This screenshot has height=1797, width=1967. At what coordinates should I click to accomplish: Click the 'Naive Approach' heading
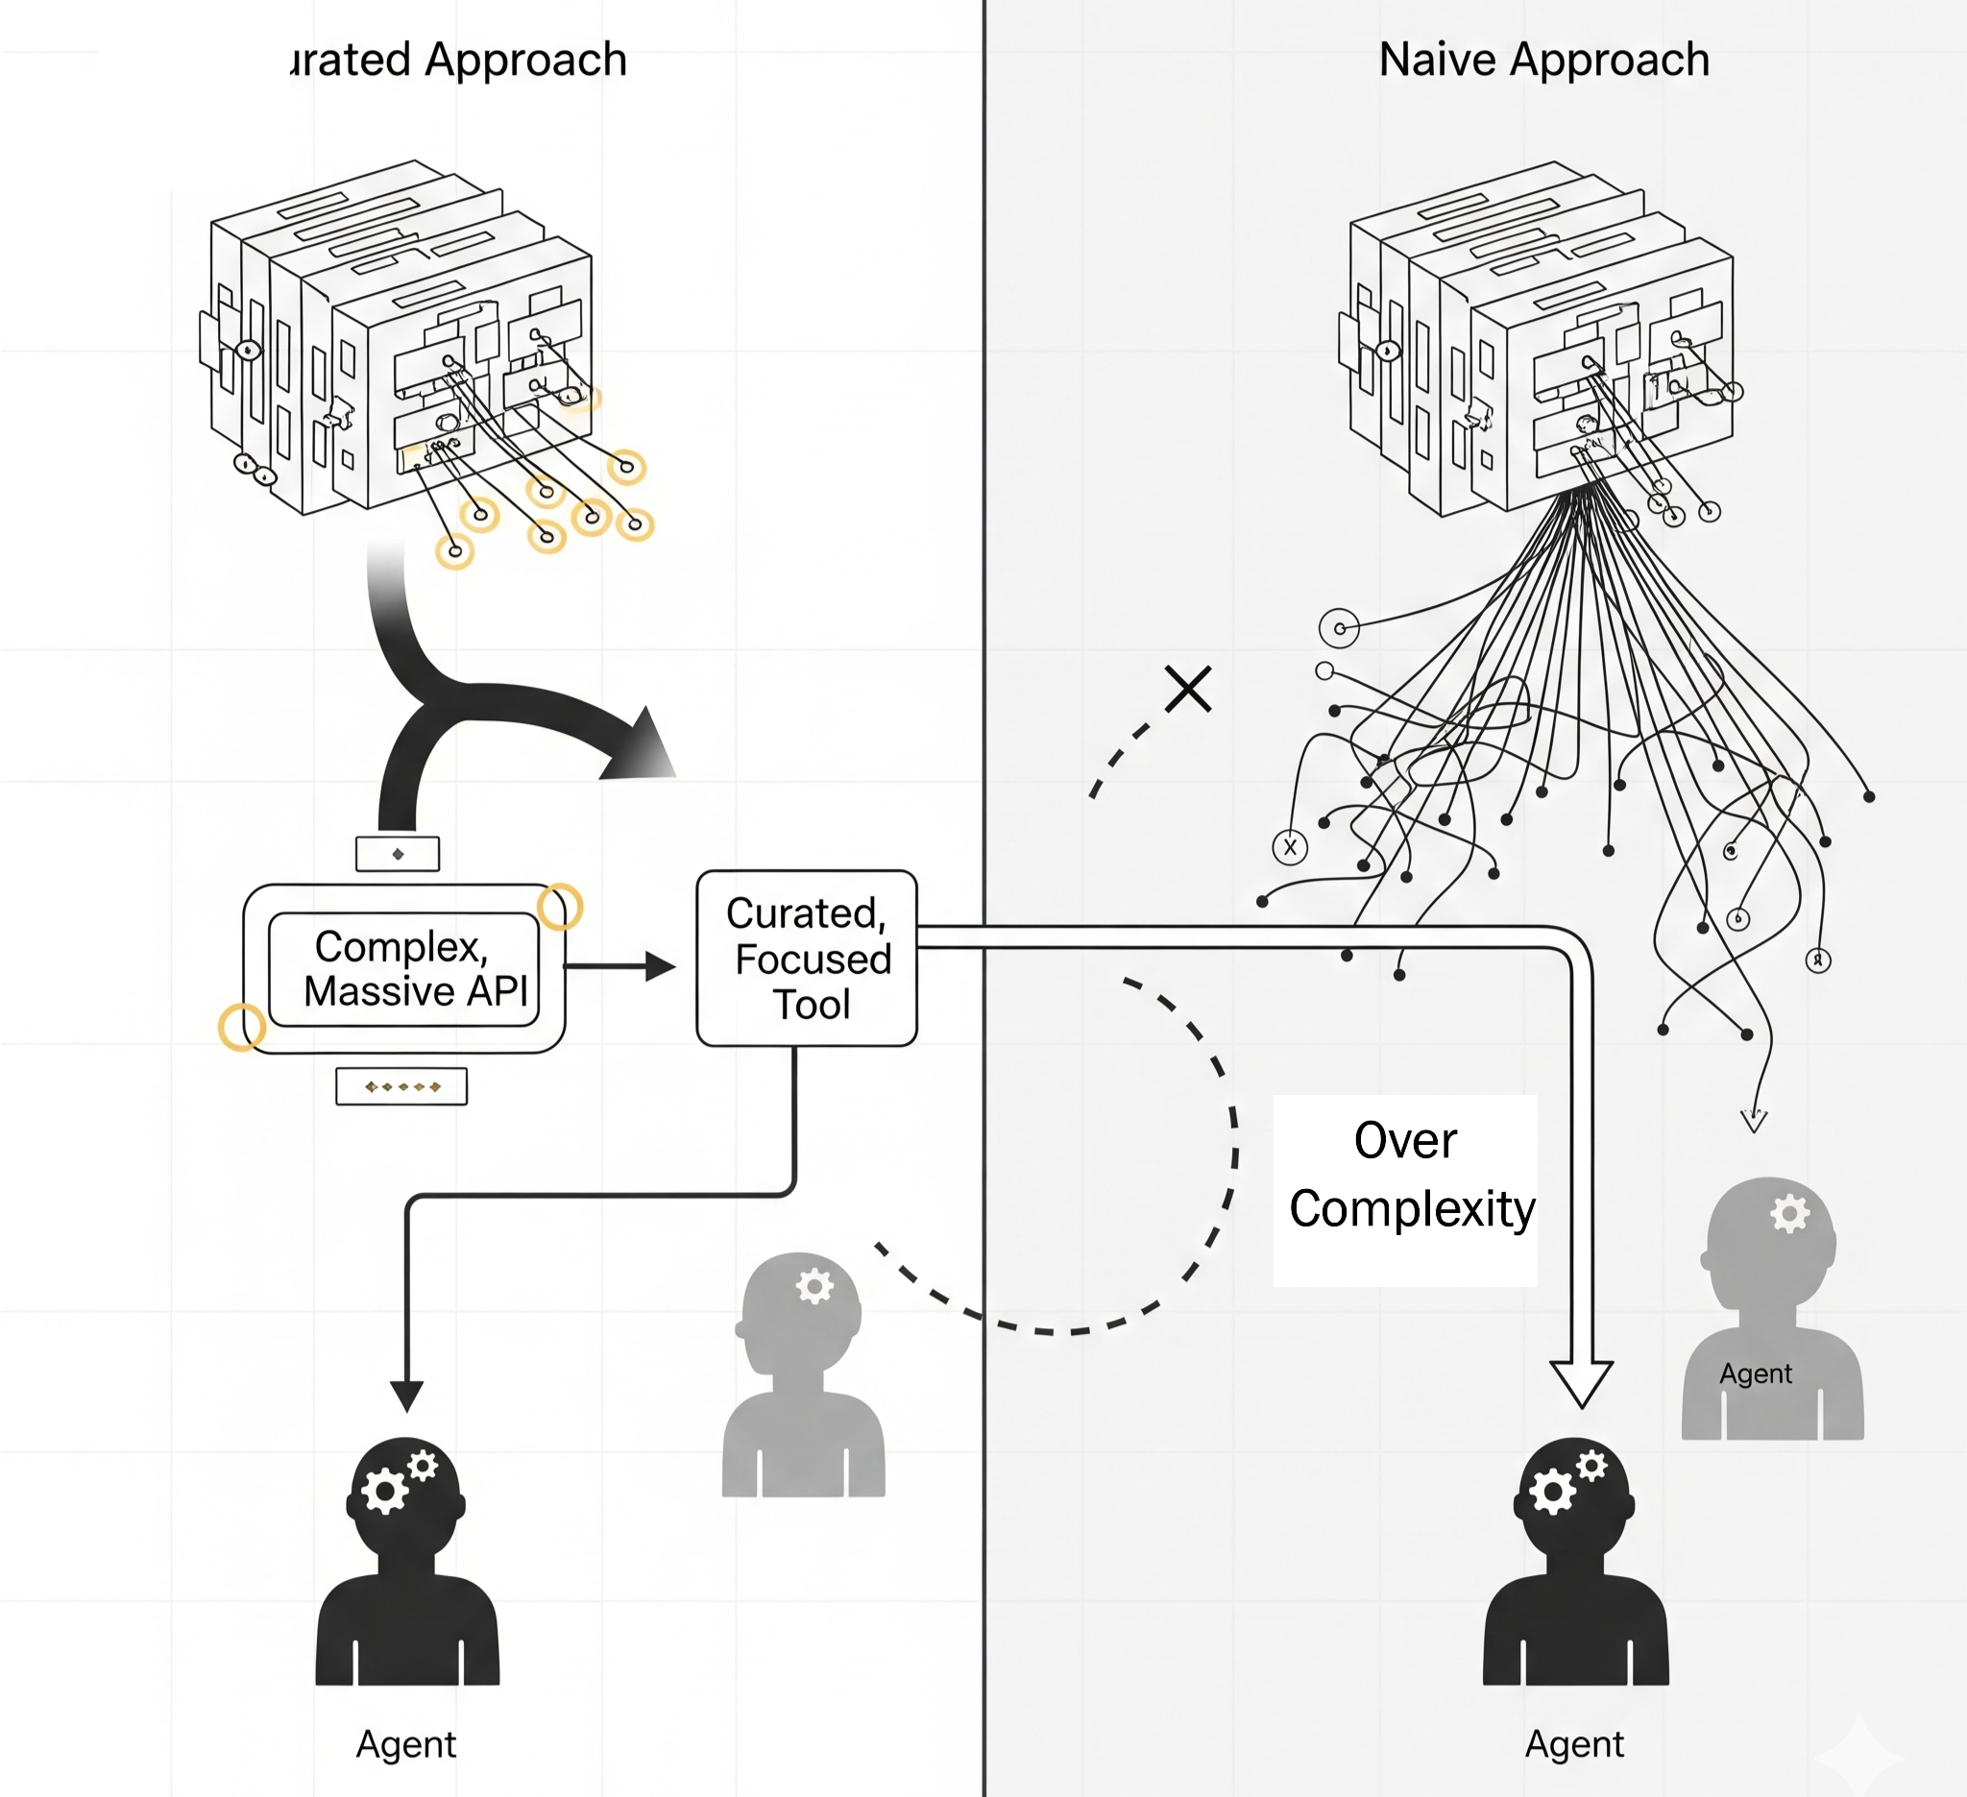click(x=1543, y=60)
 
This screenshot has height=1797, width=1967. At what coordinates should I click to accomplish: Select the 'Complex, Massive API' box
click(x=403, y=969)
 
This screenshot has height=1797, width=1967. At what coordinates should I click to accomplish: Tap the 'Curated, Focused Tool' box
click(x=806, y=958)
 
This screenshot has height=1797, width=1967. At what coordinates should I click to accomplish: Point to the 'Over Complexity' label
click(x=1406, y=1176)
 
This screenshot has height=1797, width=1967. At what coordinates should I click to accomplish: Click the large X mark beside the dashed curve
click(x=1188, y=689)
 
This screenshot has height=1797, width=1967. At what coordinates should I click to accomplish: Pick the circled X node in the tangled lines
click(x=1290, y=847)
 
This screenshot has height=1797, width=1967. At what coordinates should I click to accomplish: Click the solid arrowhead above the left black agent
click(x=407, y=1396)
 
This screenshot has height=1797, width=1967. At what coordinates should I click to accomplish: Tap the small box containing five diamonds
click(x=401, y=1086)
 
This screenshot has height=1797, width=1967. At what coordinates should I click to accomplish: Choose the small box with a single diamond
click(x=397, y=854)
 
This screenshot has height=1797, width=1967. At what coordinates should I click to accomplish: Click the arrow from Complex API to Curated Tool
click(x=619, y=967)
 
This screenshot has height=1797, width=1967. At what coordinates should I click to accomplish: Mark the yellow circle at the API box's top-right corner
click(x=560, y=907)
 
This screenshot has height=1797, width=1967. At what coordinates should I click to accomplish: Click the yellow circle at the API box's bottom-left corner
click(x=241, y=1028)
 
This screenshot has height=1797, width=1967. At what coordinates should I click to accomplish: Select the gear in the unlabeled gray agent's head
click(x=814, y=1286)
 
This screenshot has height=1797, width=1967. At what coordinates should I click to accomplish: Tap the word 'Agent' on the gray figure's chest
click(x=1756, y=1373)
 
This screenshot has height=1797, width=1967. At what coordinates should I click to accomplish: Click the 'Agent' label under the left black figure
click(x=406, y=1743)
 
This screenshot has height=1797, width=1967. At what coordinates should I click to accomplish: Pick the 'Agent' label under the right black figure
click(x=1575, y=1743)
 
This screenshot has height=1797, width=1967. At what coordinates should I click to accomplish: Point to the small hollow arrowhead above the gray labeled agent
click(x=1755, y=1121)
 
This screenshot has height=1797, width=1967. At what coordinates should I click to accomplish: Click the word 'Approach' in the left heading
click(x=525, y=60)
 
